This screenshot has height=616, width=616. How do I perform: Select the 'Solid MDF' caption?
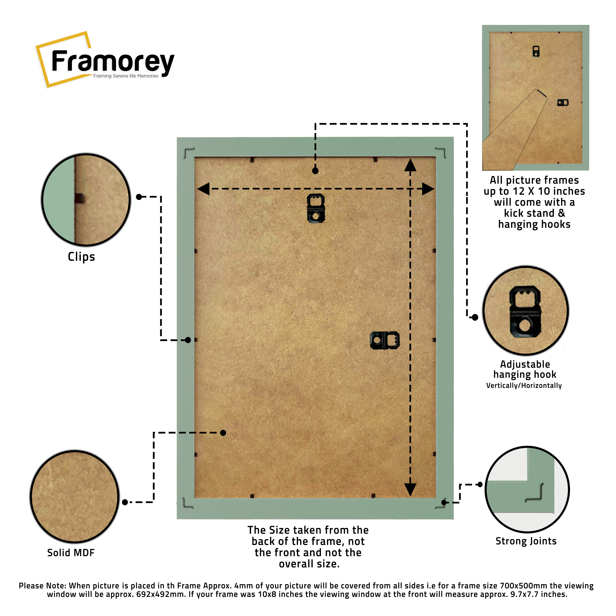71,553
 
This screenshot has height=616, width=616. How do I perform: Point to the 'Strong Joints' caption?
526,541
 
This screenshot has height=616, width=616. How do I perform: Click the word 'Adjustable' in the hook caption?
525,364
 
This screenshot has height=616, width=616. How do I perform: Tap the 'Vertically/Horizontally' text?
524,385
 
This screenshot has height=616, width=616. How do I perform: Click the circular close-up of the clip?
86,200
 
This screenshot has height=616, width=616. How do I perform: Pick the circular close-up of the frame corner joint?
527,490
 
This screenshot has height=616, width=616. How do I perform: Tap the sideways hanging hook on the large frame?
385,340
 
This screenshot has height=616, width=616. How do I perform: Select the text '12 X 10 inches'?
549,191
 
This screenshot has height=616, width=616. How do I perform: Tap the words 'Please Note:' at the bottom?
43,586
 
